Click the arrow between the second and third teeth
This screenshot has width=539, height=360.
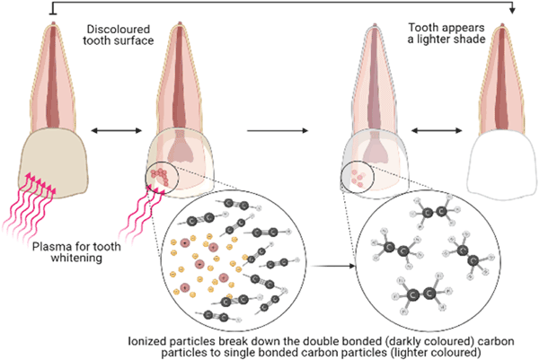(274, 131)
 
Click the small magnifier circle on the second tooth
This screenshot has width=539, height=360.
(162, 174)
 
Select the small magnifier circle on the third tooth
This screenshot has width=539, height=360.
(357, 175)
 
